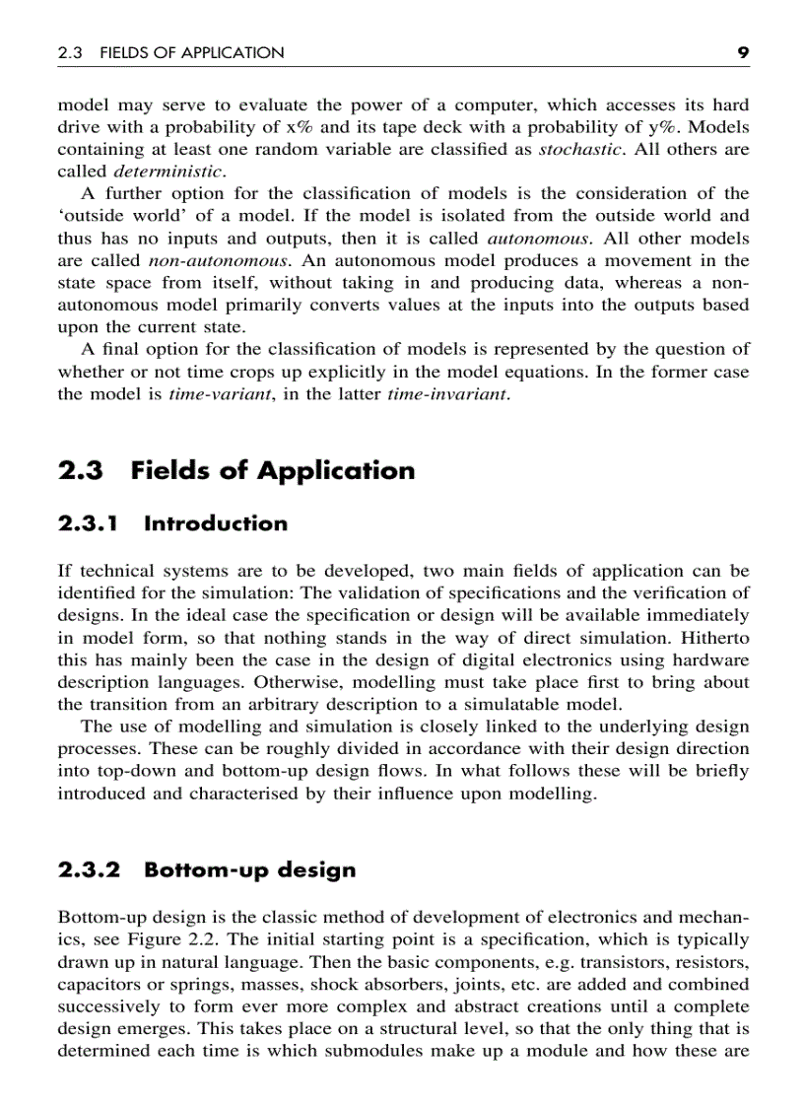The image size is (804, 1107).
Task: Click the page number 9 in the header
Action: [744, 52]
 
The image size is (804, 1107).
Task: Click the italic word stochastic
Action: [580, 149]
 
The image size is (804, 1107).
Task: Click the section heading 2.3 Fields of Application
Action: [236, 470]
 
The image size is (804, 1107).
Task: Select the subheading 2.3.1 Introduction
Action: [173, 523]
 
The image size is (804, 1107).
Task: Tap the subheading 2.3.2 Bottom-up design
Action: [207, 869]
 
